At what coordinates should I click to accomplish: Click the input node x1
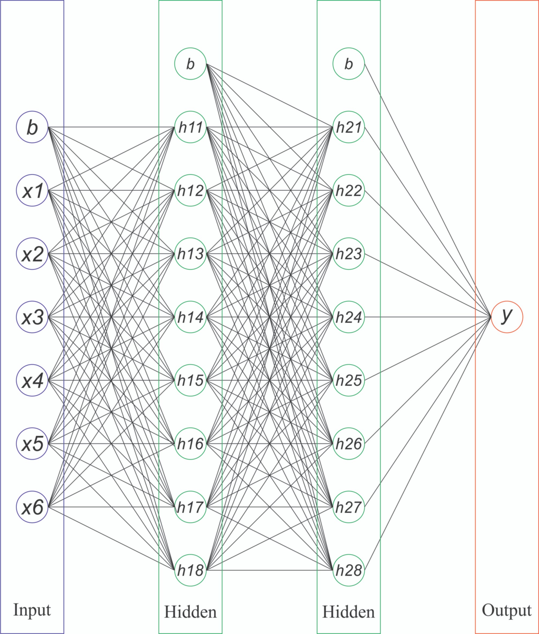pyautogui.click(x=32, y=190)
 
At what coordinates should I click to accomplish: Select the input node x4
pyautogui.click(x=32, y=380)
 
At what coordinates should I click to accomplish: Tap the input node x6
pyautogui.click(x=32, y=507)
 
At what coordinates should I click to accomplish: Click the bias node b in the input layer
pyautogui.click(x=32, y=127)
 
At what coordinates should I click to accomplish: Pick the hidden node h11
pyautogui.click(x=190, y=127)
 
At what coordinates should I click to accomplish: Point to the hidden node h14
pyautogui.click(x=190, y=317)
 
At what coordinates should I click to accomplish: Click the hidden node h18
pyautogui.click(x=190, y=570)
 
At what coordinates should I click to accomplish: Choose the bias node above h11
pyautogui.click(x=190, y=64)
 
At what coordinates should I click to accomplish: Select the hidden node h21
pyautogui.click(x=349, y=127)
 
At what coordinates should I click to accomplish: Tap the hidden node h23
pyautogui.click(x=349, y=254)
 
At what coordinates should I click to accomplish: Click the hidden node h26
pyautogui.click(x=349, y=444)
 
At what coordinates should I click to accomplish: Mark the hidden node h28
pyautogui.click(x=349, y=570)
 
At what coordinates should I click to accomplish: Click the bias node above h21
pyautogui.click(x=349, y=64)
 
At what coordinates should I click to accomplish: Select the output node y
pyautogui.click(x=507, y=317)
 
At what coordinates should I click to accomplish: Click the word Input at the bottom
pyautogui.click(x=32, y=610)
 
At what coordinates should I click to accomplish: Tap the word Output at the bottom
pyautogui.click(x=507, y=610)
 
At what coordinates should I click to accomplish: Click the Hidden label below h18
pyautogui.click(x=190, y=612)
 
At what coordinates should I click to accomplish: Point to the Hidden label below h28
pyautogui.click(x=349, y=612)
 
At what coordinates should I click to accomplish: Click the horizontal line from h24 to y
pyautogui.click(x=428, y=317)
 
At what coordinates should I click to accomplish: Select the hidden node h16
pyautogui.click(x=190, y=444)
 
